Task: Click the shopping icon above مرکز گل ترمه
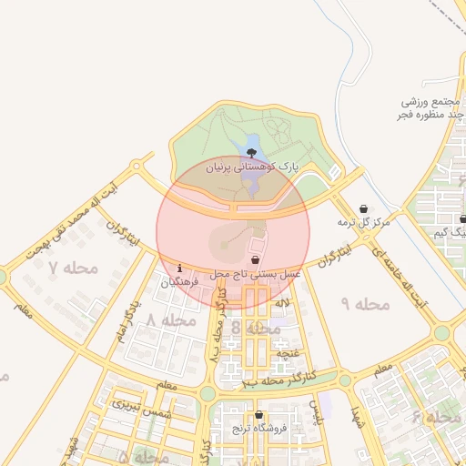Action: pos(364,208)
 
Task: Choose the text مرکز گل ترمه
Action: pos(363,222)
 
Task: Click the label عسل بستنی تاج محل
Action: pos(256,273)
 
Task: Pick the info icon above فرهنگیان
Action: pos(180,268)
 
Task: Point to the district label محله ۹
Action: pos(364,302)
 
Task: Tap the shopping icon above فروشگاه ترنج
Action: pos(258,414)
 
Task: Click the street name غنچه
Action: pos(288,352)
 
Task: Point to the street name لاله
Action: pos(283,301)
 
